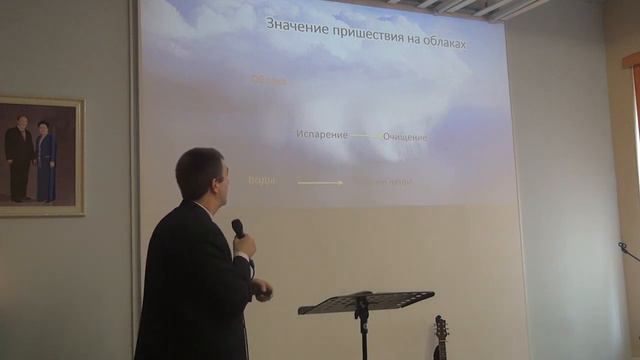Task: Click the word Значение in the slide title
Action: (295, 25)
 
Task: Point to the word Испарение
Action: (321, 134)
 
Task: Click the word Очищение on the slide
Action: (405, 136)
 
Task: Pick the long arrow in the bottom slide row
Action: (320, 182)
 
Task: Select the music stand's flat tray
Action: (366, 301)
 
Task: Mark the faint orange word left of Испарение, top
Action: (268, 80)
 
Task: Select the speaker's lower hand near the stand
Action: (262, 291)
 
